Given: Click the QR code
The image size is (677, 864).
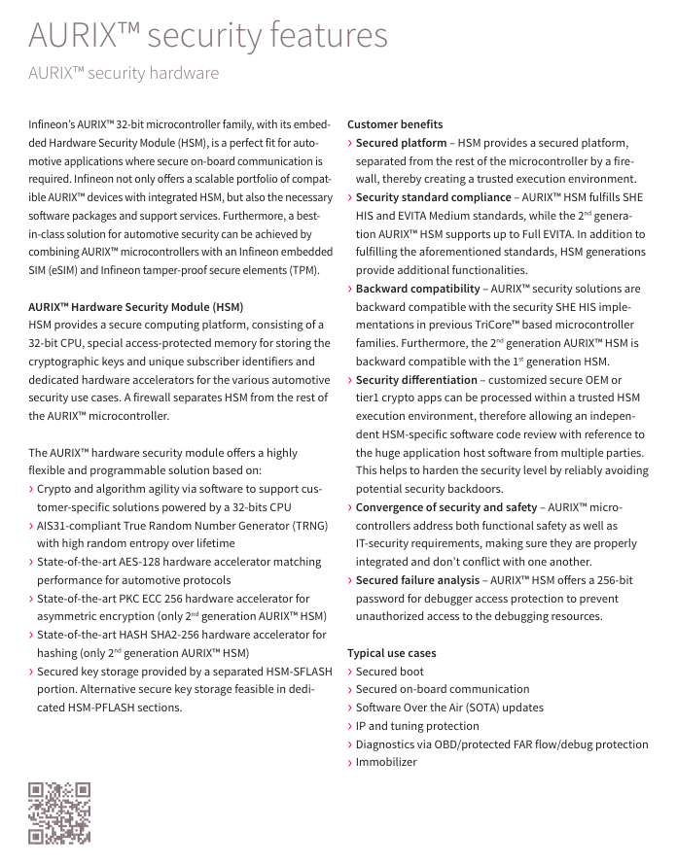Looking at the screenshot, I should pos(59,812).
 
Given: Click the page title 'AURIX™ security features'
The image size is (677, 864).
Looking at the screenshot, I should pos(208,36).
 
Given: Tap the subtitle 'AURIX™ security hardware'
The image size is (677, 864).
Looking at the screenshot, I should pos(124,74).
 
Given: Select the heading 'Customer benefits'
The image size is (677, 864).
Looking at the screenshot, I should pos(395,124).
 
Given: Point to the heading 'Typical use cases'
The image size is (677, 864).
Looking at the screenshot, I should pos(392,653).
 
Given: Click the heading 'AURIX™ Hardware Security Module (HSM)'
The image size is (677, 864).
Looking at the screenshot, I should pos(136,307).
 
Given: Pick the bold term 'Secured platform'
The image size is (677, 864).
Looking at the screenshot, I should pos(401,143).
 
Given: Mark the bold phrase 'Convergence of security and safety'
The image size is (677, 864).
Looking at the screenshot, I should pos(446,507).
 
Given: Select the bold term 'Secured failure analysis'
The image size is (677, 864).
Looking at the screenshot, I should pos(417,580).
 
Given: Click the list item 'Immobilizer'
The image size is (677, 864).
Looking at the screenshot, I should pos(386,762).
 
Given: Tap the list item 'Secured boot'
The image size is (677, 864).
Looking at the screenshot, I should pos(390,672).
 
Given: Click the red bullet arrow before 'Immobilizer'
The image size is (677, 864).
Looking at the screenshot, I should pos(350,763).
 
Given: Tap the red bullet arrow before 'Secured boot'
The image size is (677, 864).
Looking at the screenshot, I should pos(350,672).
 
